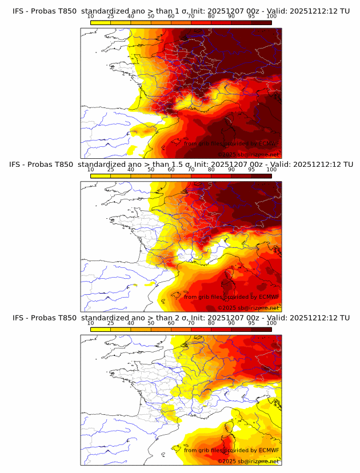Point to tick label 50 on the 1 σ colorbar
(151, 16)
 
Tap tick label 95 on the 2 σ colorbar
(251, 323)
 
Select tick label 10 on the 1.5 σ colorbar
(90, 170)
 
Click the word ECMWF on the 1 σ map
(266, 143)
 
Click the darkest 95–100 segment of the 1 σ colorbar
(262, 22)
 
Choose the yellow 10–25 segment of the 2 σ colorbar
(101, 329)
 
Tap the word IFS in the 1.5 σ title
(15, 165)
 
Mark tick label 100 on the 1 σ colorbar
(271, 16)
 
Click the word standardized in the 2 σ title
(109, 318)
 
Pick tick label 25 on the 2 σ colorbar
(110, 323)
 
